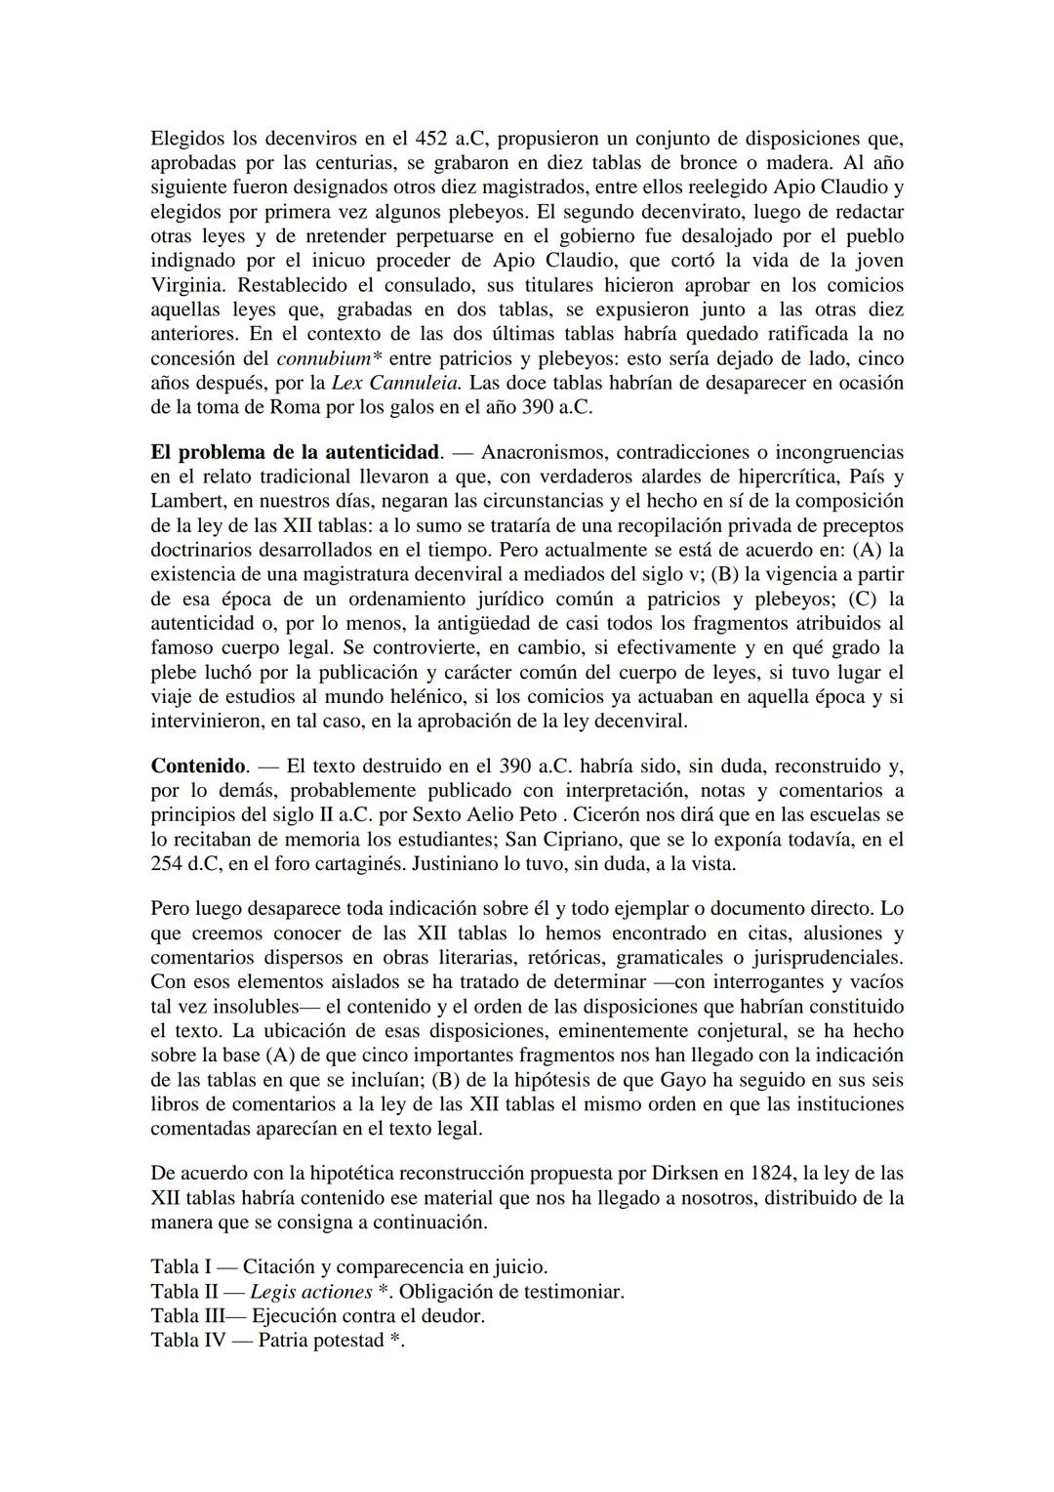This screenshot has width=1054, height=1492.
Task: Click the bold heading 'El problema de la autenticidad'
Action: click(x=295, y=452)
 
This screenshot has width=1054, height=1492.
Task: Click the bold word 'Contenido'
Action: click(x=199, y=766)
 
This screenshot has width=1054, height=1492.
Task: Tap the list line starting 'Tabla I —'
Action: click(x=348, y=1266)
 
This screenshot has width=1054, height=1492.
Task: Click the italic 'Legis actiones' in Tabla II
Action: click(x=310, y=1291)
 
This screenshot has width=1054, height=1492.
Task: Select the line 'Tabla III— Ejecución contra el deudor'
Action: click(x=317, y=1315)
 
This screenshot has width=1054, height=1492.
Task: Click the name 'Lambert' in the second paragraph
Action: click(x=186, y=501)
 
